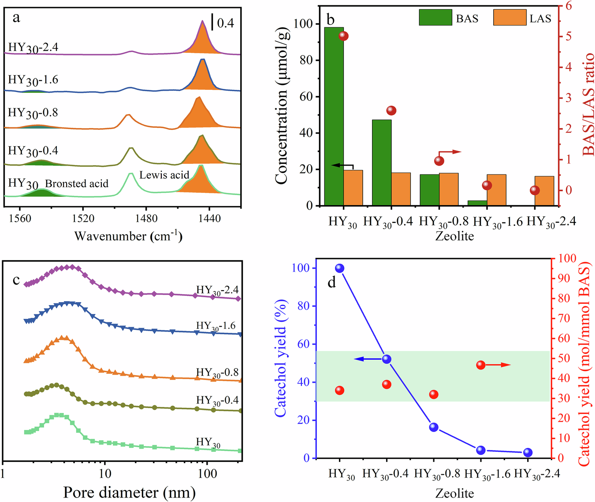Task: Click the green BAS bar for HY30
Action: tap(334, 116)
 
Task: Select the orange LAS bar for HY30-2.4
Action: tap(544, 191)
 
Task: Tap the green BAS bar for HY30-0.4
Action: tap(382, 162)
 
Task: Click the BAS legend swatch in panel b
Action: tap(435, 18)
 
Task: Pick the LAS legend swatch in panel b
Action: tap(509, 18)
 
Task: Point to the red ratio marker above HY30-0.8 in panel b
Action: tap(439, 161)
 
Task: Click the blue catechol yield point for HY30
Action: tap(339, 268)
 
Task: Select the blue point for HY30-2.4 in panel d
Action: tap(528, 452)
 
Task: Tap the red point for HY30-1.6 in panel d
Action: tap(481, 365)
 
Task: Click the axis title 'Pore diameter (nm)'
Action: tap(129, 492)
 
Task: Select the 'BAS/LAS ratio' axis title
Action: tap(588, 104)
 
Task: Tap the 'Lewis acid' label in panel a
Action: tap(164, 175)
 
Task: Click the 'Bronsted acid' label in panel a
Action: tap(77, 184)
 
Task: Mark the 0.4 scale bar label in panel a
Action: tap(225, 23)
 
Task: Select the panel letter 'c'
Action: tap(16, 280)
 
